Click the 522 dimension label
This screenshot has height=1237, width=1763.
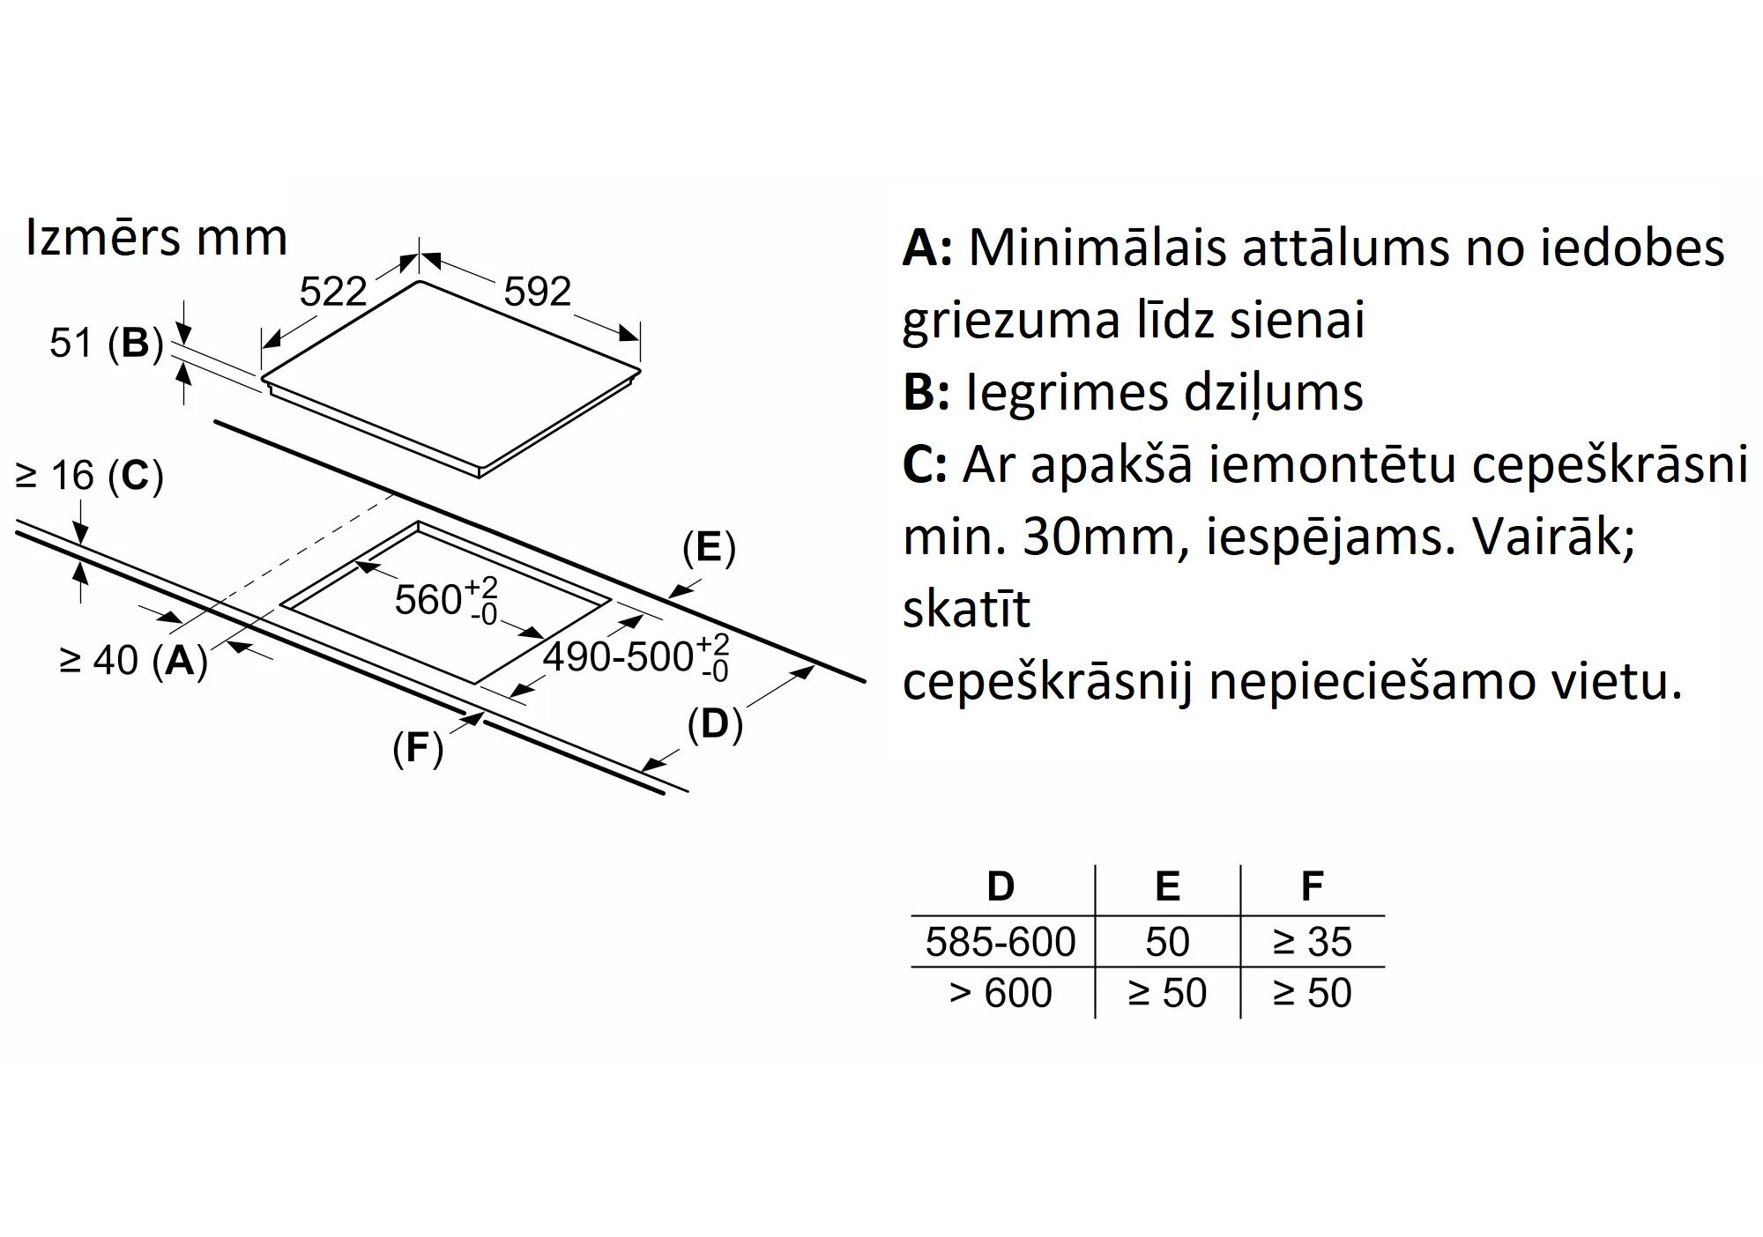coord(332,292)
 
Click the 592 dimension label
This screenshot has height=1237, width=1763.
coord(537,292)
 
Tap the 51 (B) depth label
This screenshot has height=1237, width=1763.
coord(107,343)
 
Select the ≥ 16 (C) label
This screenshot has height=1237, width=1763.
coord(90,476)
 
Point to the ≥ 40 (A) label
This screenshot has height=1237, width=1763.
coord(133,660)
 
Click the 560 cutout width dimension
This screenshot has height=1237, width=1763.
coord(446,600)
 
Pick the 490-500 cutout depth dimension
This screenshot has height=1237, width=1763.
coord(636,657)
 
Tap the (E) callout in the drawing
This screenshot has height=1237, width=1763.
coord(709,548)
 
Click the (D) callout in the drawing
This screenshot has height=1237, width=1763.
coord(715,724)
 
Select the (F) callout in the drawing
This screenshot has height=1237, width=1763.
coord(418,748)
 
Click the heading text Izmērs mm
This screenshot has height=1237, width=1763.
coord(157,238)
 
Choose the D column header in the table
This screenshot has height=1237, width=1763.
coord(1001,886)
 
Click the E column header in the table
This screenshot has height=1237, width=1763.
coord(1167,886)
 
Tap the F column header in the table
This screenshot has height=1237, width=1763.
coord(1312,886)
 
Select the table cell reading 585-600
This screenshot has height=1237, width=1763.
coord(1001,942)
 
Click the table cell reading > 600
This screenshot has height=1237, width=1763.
coord(1001,993)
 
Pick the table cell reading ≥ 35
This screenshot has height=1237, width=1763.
coord(1312,942)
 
